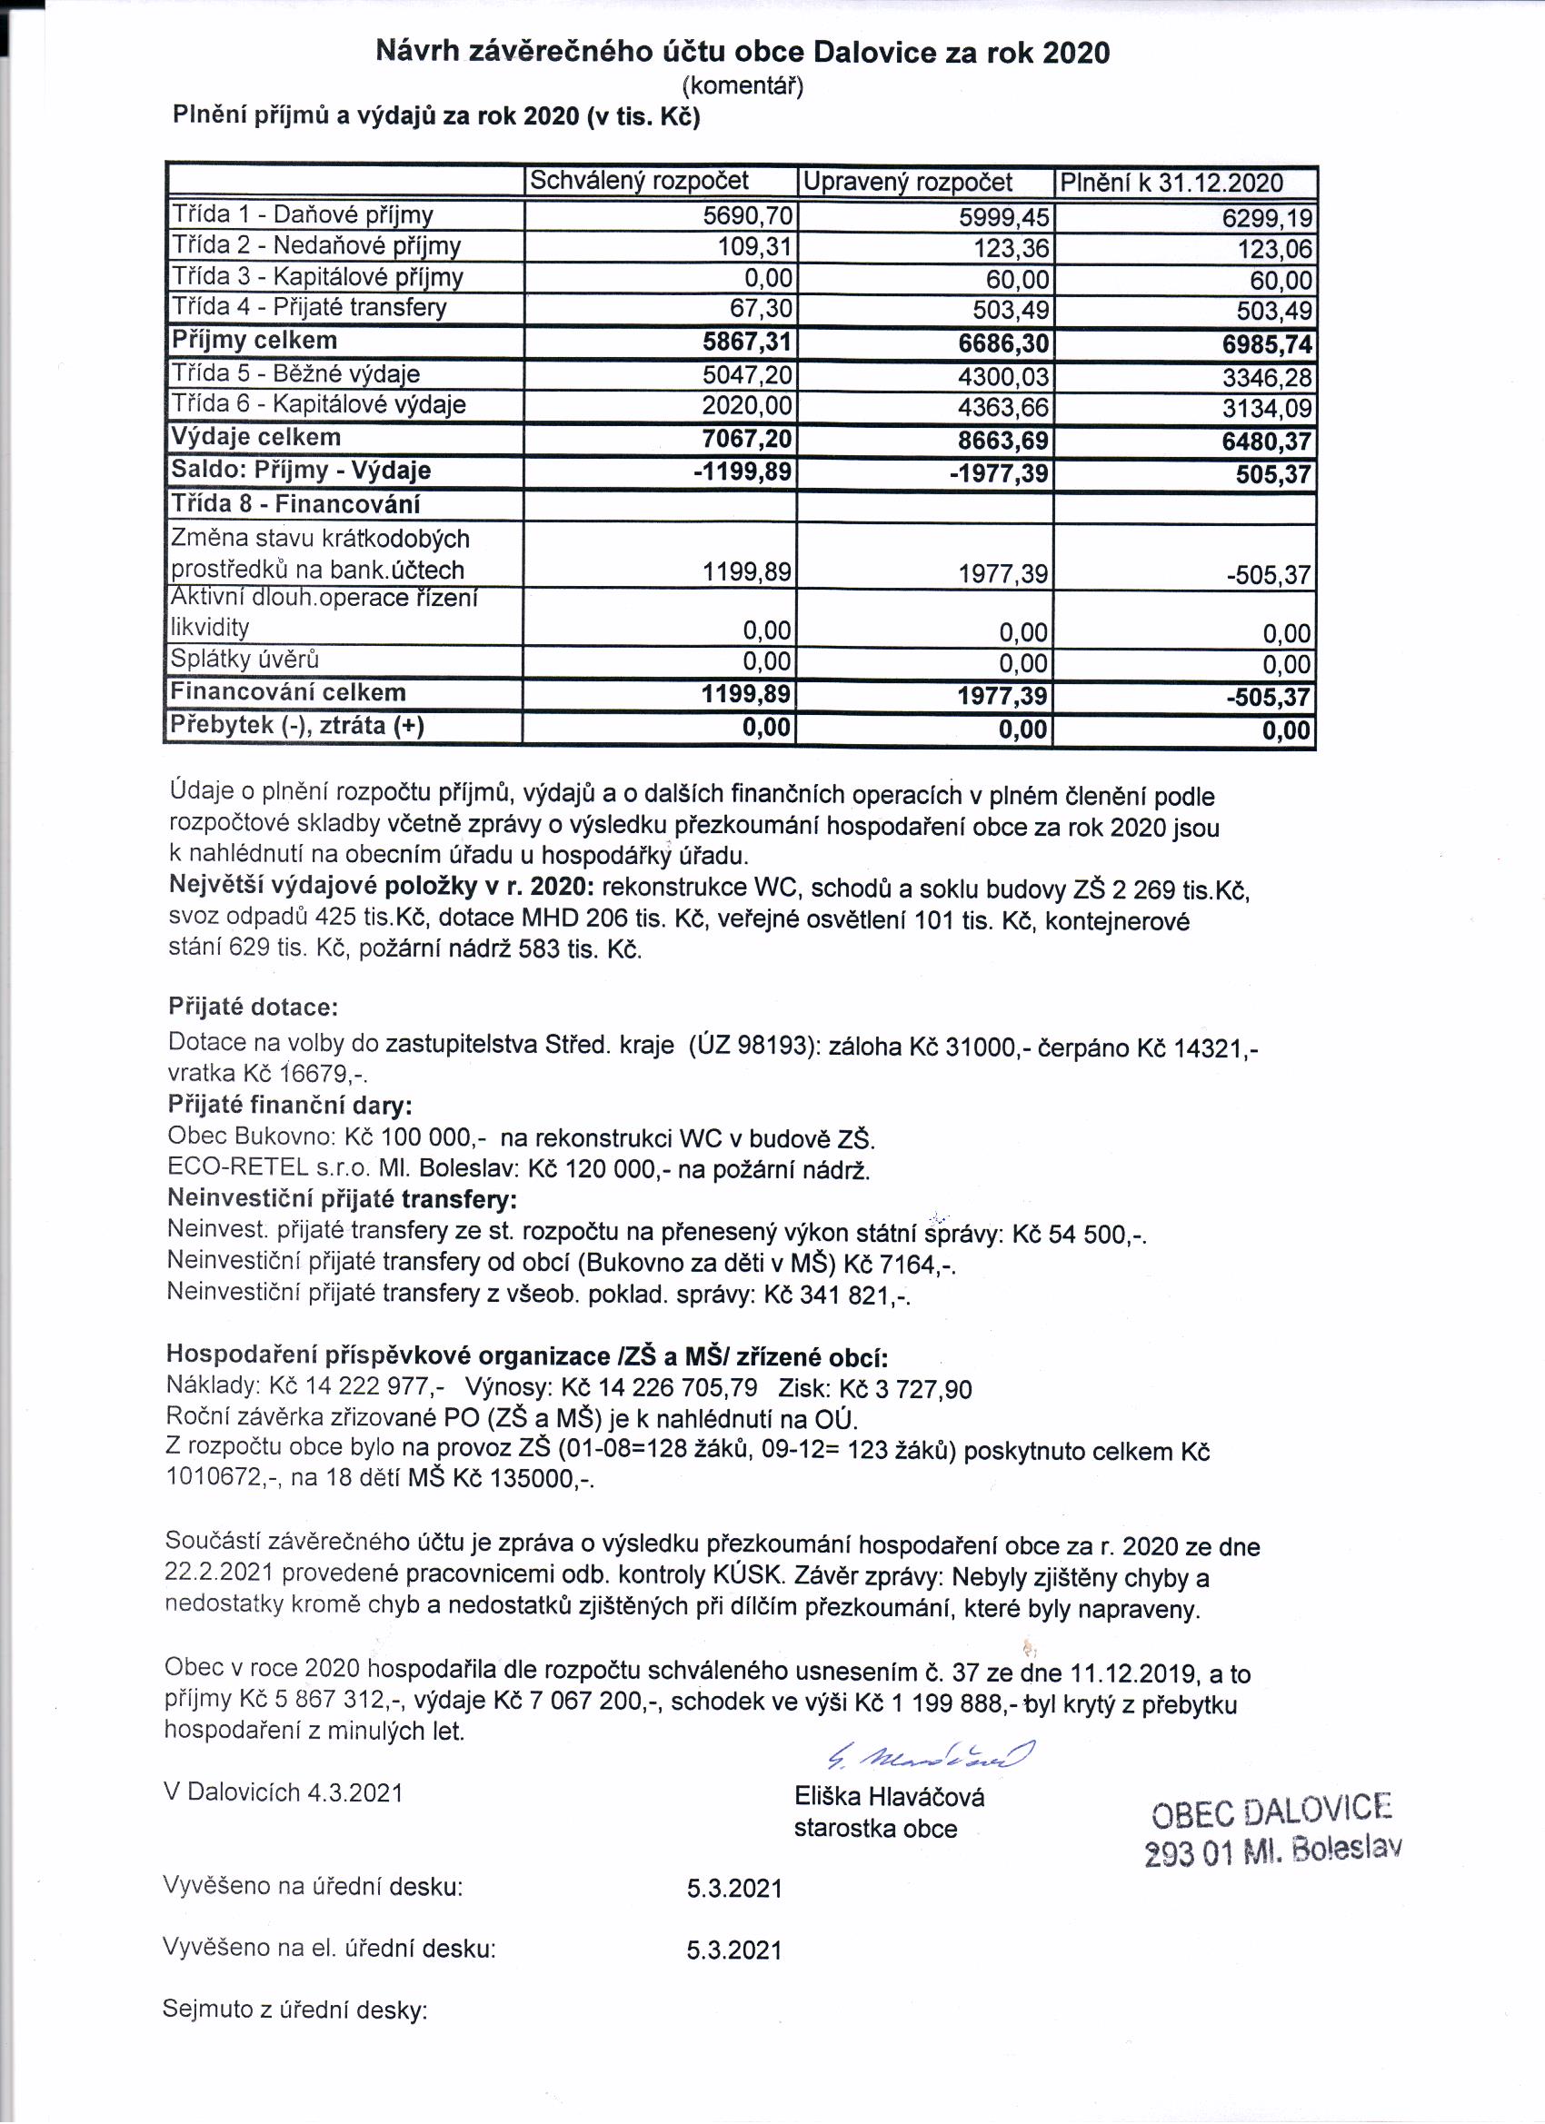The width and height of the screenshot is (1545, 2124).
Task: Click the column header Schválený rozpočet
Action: point(640,181)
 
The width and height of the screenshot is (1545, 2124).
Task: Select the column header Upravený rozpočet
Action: point(908,182)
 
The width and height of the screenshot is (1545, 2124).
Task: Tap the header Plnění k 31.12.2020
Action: point(1171,183)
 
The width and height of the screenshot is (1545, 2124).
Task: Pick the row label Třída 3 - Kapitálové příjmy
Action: point(316,277)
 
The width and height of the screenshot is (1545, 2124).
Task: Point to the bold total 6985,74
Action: point(1267,345)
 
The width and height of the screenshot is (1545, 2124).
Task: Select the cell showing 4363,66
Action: point(1003,407)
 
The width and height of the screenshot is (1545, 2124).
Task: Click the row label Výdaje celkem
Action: point(254,437)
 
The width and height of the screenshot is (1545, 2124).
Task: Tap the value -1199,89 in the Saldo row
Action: point(743,472)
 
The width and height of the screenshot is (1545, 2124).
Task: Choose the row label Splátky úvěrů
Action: point(244,660)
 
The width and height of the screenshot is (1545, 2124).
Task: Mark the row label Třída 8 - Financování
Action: point(295,505)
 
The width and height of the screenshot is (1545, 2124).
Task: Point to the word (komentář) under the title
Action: point(742,86)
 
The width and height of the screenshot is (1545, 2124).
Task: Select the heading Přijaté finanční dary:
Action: point(291,1105)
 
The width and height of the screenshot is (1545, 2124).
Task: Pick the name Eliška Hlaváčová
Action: point(889,1796)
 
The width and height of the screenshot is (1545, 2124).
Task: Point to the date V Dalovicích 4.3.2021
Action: point(284,1792)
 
